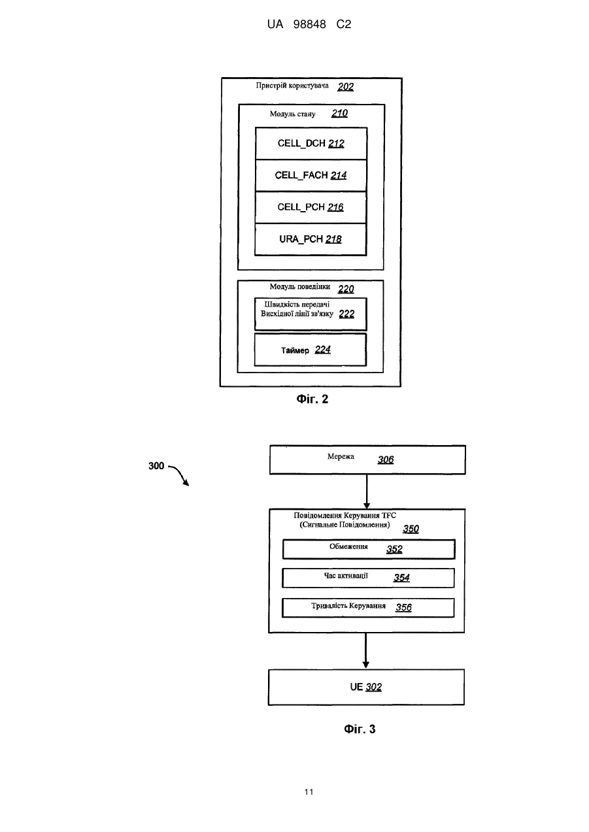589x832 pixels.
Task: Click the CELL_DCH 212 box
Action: [x=311, y=144]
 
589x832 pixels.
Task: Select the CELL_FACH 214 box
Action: [x=311, y=176]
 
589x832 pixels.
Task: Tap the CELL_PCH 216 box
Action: [x=311, y=208]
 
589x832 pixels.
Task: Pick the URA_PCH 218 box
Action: [x=311, y=240]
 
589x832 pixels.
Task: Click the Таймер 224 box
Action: [x=311, y=350]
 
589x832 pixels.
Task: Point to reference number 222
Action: [x=346, y=314]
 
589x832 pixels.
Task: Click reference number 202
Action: [x=346, y=86]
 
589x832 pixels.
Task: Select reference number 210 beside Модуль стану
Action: [x=340, y=113]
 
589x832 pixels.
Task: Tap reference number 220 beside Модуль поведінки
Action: [x=346, y=289]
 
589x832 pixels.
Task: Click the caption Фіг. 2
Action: [x=312, y=399]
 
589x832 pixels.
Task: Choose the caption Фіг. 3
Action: [x=360, y=729]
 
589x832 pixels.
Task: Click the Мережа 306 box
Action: [x=367, y=460]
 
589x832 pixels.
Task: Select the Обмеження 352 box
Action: [x=369, y=550]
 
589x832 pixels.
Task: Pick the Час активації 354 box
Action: [x=368, y=578]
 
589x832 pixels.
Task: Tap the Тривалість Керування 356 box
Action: [x=368, y=608]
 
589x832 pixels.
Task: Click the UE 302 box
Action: [x=366, y=687]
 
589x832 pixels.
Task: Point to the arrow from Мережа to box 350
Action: [x=367, y=491]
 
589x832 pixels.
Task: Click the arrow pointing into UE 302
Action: [x=366, y=651]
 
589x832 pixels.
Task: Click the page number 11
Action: [x=309, y=792]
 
